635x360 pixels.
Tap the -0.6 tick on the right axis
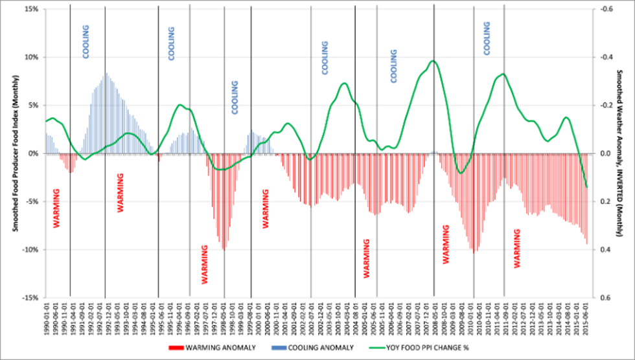point(604,9)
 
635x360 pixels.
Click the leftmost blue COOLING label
point(86,41)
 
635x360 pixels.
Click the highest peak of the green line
point(433,62)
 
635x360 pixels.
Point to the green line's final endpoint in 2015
point(587,187)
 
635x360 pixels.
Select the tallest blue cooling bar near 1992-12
point(106,74)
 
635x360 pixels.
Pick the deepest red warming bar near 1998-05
point(224,249)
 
